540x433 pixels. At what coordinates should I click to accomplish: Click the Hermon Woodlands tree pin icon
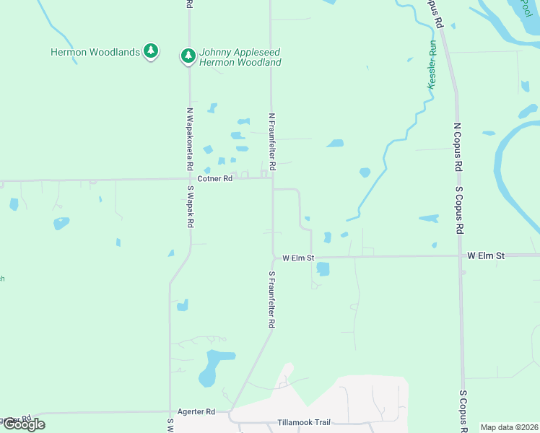point(150,51)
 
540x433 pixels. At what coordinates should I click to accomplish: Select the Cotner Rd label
point(215,178)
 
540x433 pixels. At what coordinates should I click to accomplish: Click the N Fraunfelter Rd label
point(272,141)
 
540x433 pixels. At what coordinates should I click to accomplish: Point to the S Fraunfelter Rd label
point(272,299)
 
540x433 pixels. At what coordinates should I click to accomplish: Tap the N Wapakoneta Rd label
point(189,143)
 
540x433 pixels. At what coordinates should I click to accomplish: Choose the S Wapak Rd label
point(191,207)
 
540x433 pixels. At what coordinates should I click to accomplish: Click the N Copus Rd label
point(457,147)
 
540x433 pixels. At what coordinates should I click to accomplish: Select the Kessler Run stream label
point(432,64)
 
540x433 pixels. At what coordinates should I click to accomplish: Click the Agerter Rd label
point(201,411)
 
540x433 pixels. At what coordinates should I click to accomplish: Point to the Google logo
point(24,424)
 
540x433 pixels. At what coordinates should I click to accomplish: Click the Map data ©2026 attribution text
point(510,427)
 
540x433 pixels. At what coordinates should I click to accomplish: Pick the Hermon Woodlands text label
point(95,52)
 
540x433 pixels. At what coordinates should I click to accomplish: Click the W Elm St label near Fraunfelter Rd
point(298,257)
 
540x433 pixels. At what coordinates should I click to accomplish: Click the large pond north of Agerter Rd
point(214,365)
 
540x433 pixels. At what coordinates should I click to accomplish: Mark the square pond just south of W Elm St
point(323,269)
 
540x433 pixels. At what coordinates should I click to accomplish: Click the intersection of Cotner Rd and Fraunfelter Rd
point(272,179)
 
